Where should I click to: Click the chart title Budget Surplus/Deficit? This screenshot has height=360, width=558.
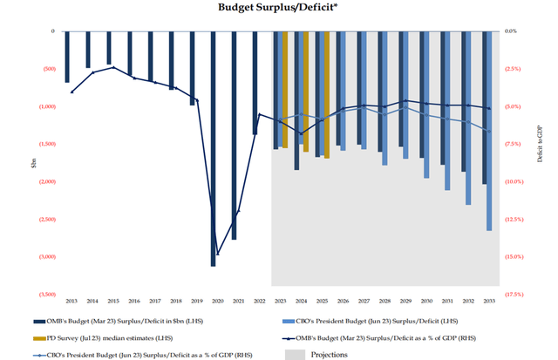[280, 8]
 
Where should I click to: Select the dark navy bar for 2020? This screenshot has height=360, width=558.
[214, 148]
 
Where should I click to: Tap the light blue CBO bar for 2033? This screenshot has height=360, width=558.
[490, 131]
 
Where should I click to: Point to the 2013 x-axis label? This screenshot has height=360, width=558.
[71, 300]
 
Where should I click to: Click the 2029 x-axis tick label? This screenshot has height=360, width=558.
[405, 300]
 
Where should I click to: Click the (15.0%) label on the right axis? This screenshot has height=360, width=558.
[513, 257]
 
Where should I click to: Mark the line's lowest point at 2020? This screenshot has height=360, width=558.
[217, 255]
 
